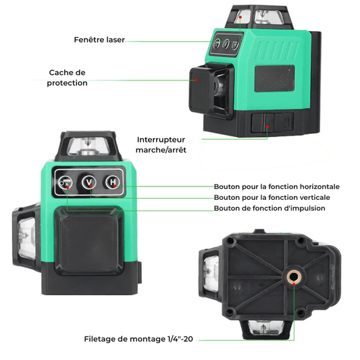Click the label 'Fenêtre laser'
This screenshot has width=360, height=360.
[x=99, y=40]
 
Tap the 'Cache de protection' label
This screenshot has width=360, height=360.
[x=67, y=78]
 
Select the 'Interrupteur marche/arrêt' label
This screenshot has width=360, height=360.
[x=161, y=145]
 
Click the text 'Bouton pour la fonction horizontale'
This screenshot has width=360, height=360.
[x=277, y=186]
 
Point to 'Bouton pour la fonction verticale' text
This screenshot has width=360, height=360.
[x=272, y=197]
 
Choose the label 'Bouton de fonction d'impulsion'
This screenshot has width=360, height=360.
[x=269, y=208]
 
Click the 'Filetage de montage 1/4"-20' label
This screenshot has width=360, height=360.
[x=138, y=339]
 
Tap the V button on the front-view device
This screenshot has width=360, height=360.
[x=89, y=182]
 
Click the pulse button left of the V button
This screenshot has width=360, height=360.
[x=65, y=182]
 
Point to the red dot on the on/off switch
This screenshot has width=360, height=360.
[x=267, y=127]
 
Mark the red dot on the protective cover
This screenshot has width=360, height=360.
[x=197, y=80]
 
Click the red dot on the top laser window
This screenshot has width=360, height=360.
[x=240, y=17]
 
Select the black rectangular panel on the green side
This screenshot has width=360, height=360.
[x=275, y=78]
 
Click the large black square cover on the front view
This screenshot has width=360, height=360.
[x=89, y=240]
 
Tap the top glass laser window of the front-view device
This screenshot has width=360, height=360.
[x=88, y=147]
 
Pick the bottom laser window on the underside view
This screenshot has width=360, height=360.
[x=266, y=328]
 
